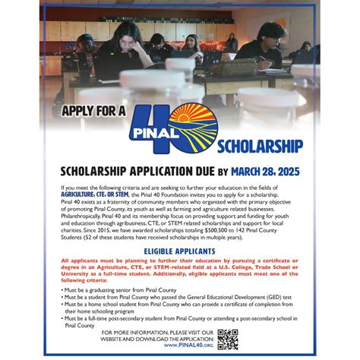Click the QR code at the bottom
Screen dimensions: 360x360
coord(227,339)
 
